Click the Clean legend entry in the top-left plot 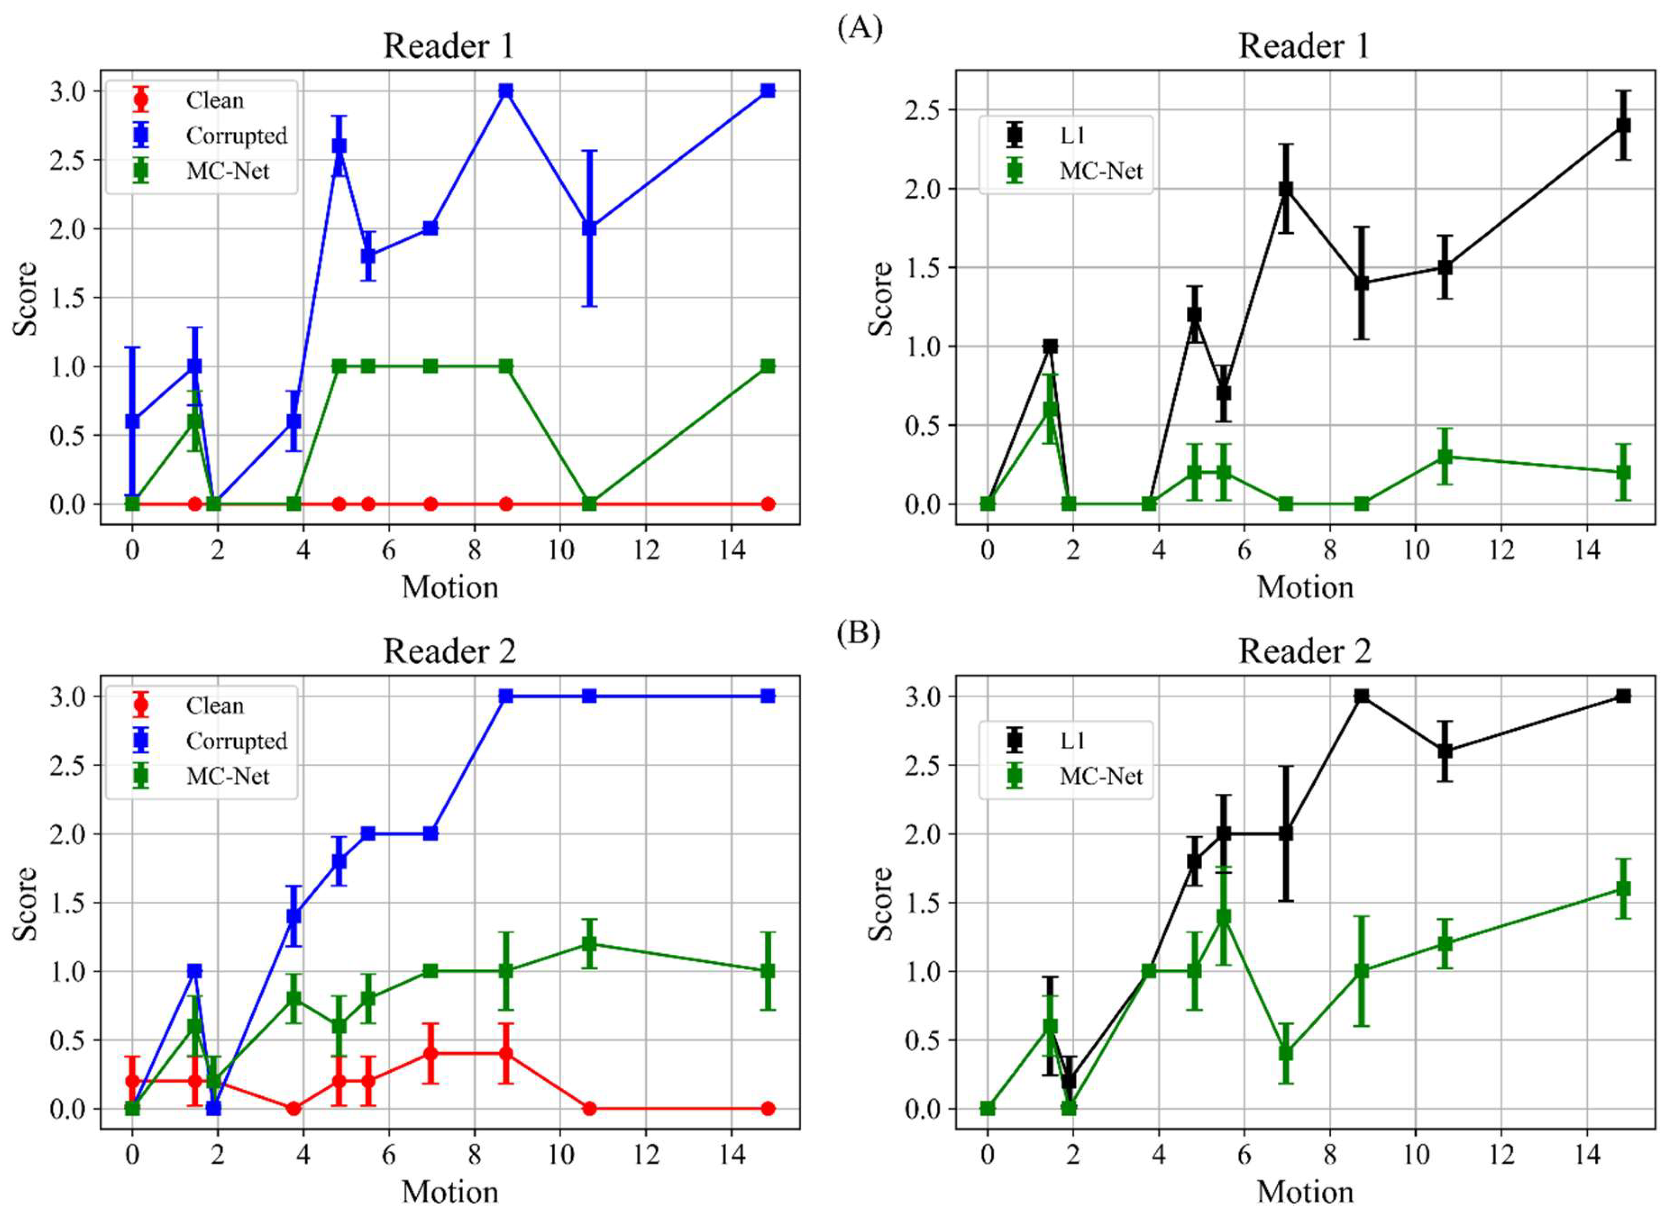(213, 100)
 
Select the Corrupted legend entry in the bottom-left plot (236, 741)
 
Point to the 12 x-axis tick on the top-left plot (646, 551)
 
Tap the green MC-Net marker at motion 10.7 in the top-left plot (589, 504)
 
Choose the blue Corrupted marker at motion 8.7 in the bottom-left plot (506, 696)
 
